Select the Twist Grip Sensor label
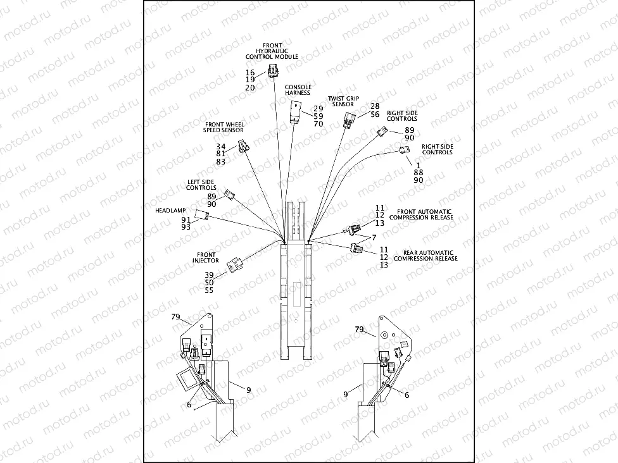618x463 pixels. coord(344,101)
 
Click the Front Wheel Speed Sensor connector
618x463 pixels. coord(244,148)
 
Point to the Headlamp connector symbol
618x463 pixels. coord(201,215)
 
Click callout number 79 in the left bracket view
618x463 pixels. coord(176,316)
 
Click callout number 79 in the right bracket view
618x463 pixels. coord(359,330)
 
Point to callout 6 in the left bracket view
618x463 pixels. coord(189,405)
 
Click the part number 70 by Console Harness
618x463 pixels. coord(318,124)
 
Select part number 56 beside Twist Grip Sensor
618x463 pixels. coord(375,114)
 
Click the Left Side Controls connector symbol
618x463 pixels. coord(230,195)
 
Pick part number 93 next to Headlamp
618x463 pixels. coord(186,227)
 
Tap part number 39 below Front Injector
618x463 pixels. coord(209,275)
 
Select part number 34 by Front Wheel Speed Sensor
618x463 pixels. coord(220,146)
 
